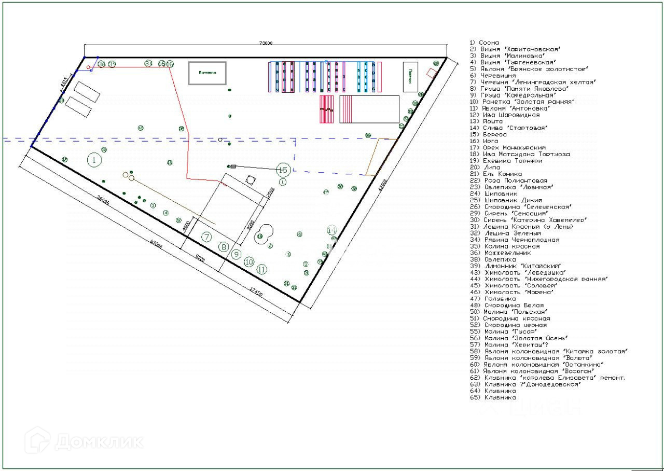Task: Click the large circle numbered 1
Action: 94,160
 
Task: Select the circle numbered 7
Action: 207,237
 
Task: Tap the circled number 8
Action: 224,247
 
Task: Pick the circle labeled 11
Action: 262,269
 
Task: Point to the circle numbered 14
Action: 332,230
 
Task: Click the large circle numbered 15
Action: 283,170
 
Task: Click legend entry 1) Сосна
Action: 485,43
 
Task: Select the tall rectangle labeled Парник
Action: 410,76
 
